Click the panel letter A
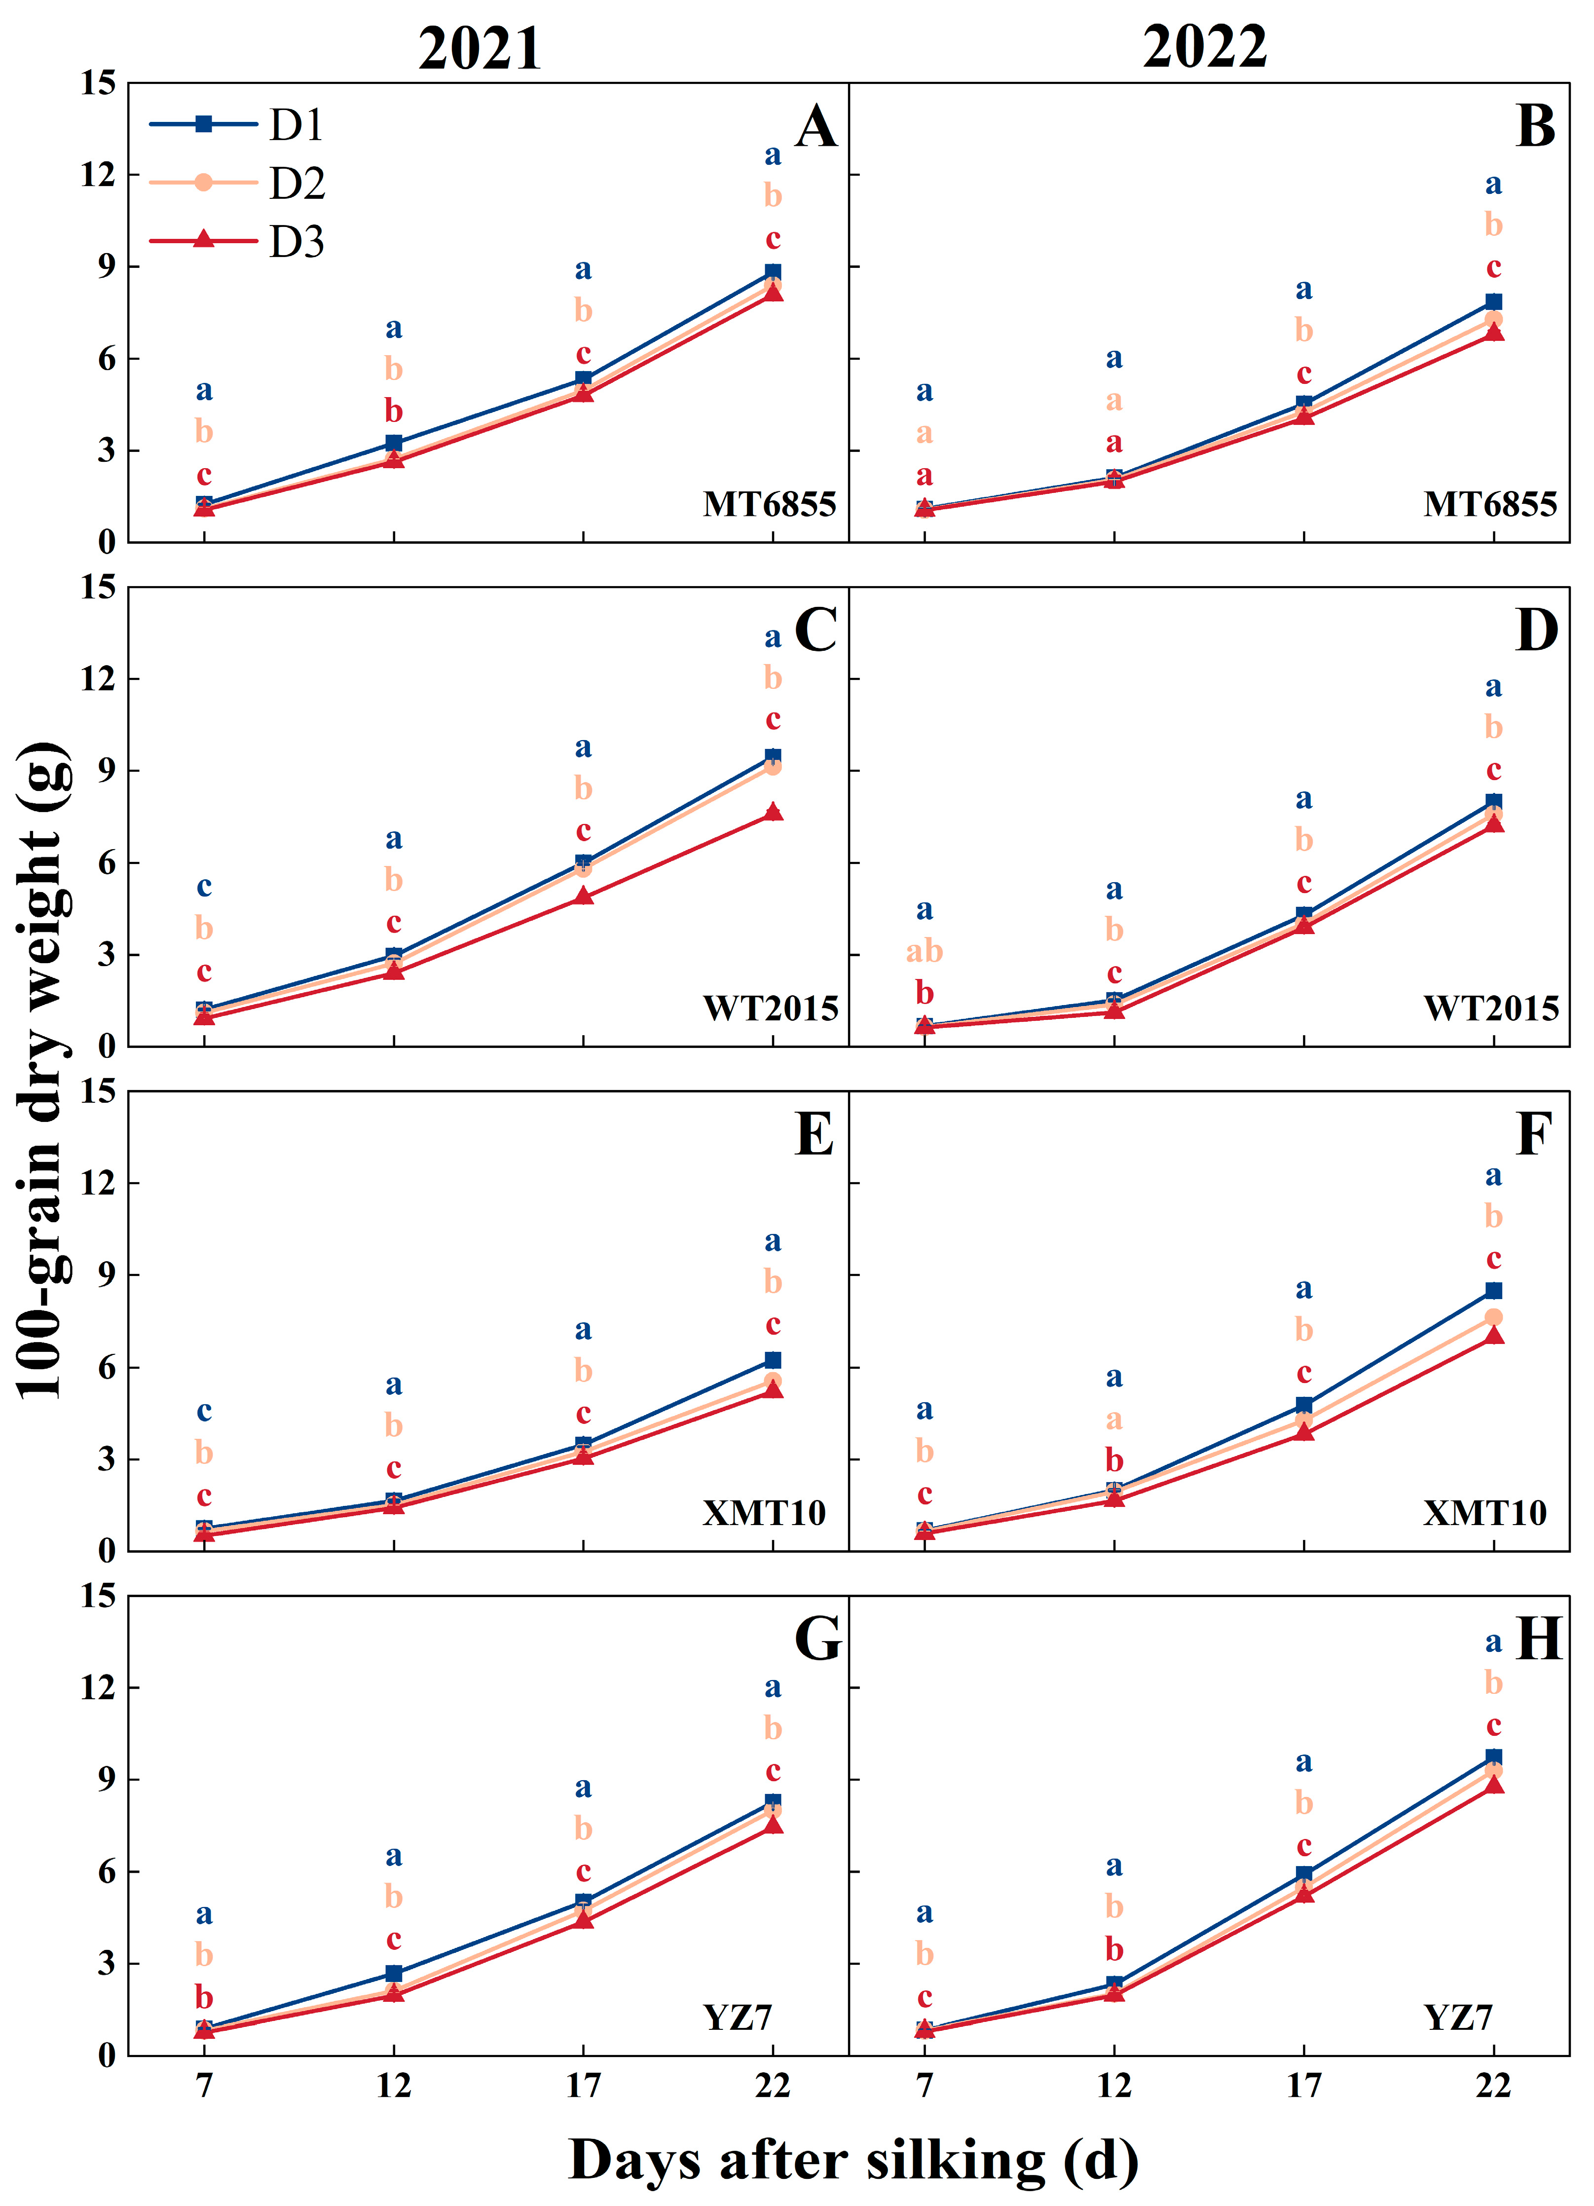816,127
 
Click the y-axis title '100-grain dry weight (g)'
44,1069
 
